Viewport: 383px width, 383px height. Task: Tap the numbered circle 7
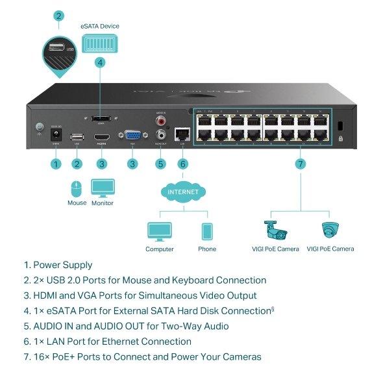click(x=300, y=164)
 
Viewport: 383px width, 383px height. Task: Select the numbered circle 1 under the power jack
click(x=56, y=164)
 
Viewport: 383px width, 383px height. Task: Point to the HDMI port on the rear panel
click(x=101, y=138)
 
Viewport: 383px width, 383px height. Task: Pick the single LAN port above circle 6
click(x=182, y=136)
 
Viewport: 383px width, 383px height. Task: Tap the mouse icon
click(x=77, y=189)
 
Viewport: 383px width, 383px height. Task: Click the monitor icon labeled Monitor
click(x=102, y=189)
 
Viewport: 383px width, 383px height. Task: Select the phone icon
click(x=207, y=232)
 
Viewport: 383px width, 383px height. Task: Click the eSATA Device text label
click(x=100, y=27)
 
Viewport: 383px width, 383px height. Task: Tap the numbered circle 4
click(x=100, y=62)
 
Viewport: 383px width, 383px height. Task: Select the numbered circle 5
click(x=160, y=164)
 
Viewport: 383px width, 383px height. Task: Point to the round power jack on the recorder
click(x=56, y=135)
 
